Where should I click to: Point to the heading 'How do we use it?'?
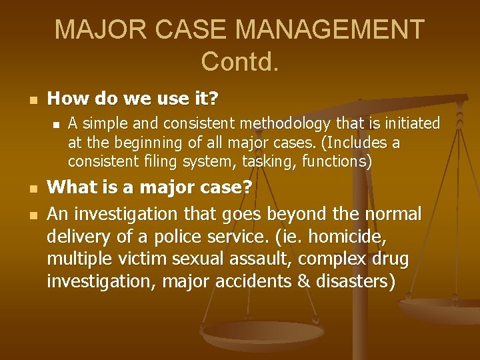[133, 99]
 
